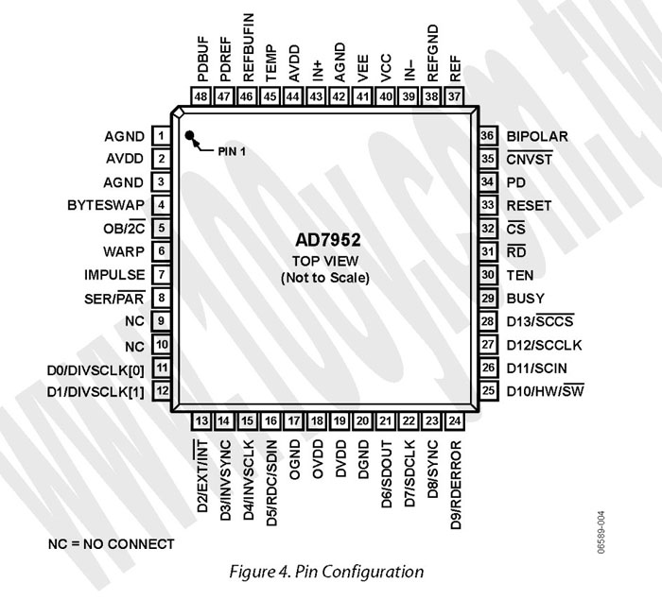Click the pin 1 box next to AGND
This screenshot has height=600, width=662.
pos(161,136)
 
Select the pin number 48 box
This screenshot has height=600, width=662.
pos(200,96)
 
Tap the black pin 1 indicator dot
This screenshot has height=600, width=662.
pos(189,135)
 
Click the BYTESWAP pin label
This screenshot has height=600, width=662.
pos(106,205)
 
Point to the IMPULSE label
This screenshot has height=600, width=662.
pos(114,275)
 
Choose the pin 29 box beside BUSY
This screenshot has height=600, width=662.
pos(488,298)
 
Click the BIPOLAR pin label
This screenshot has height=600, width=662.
pos(537,136)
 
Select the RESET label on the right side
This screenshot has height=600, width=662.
pos(529,205)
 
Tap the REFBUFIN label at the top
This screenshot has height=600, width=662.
pos(248,47)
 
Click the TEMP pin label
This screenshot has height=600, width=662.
pos(271,63)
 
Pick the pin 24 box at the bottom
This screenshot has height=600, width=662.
pos(454,421)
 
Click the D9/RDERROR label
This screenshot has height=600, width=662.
pos(456,485)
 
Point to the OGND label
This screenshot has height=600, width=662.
pos(294,459)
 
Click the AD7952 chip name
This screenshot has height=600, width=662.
pos(327,240)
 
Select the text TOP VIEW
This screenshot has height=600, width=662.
pos(325,261)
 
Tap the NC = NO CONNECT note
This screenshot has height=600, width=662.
pos(111,544)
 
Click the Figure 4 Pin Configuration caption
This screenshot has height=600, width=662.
pos(326,572)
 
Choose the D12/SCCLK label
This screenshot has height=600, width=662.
pos(544,345)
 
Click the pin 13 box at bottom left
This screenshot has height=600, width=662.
pos(201,421)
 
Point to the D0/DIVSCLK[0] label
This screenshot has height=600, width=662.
pos(96,370)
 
